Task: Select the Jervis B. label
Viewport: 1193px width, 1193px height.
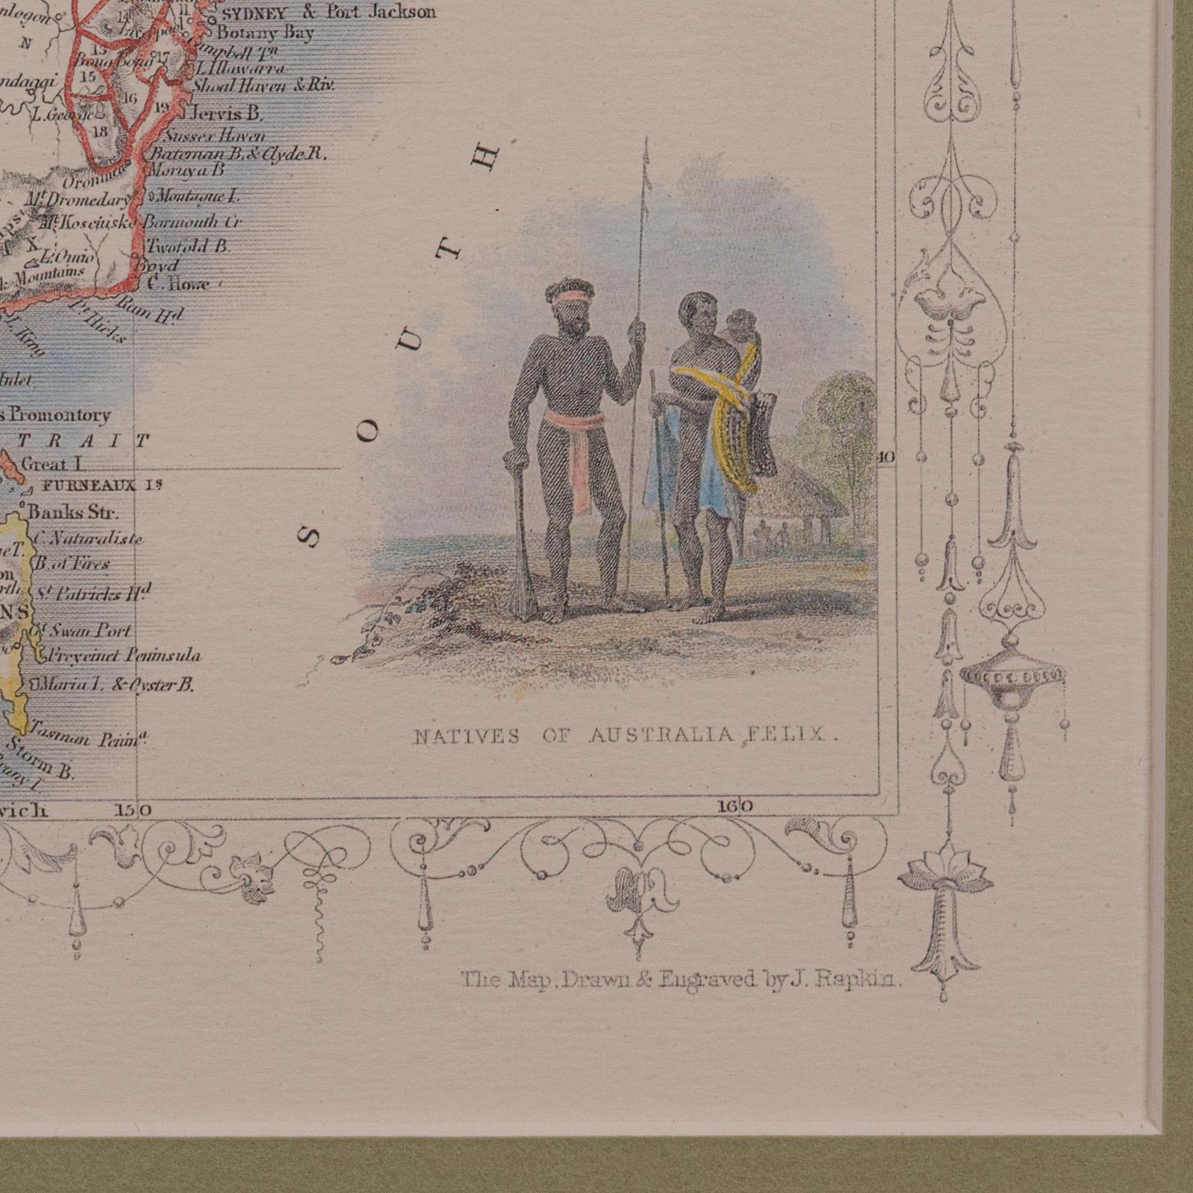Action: coord(226,115)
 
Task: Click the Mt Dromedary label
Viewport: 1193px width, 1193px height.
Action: coord(78,200)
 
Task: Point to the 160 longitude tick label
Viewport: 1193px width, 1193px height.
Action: coord(736,806)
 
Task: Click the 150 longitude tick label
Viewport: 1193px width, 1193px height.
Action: coord(133,809)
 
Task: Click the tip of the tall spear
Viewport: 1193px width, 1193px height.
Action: coord(646,143)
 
